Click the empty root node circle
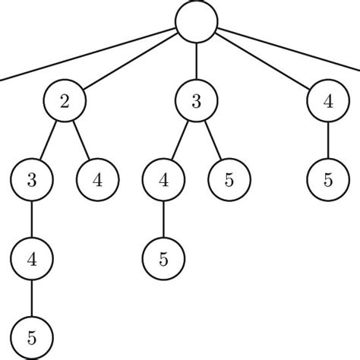pyautogui.click(x=197, y=21)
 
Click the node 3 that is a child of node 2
pyautogui.click(x=31, y=181)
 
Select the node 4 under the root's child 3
pyautogui.click(x=163, y=181)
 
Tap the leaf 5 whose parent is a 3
pyautogui.click(x=229, y=181)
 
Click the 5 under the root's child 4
pyautogui.click(x=328, y=181)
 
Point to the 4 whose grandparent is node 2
pyautogui.click(x=31, y=259)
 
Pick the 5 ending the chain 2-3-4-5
pyautogui.click(x=31, y=337)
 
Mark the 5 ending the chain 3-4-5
pyautogui.click(x=163, y=259)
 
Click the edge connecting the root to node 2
pyautogui.click(x=129, y=62)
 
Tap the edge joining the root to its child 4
pyautogui.click(x=263, y=62)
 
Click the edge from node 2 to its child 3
pyautogui.click(x=48, y=141)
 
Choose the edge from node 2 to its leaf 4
pyautogui.click(x=81, y=141)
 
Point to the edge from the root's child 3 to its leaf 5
pyautogui.click(x=213, y=141)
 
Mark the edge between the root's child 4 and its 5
pyautogui.click(x=328, y=141)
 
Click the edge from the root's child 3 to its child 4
pyautogui.click(x=180, y=141)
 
